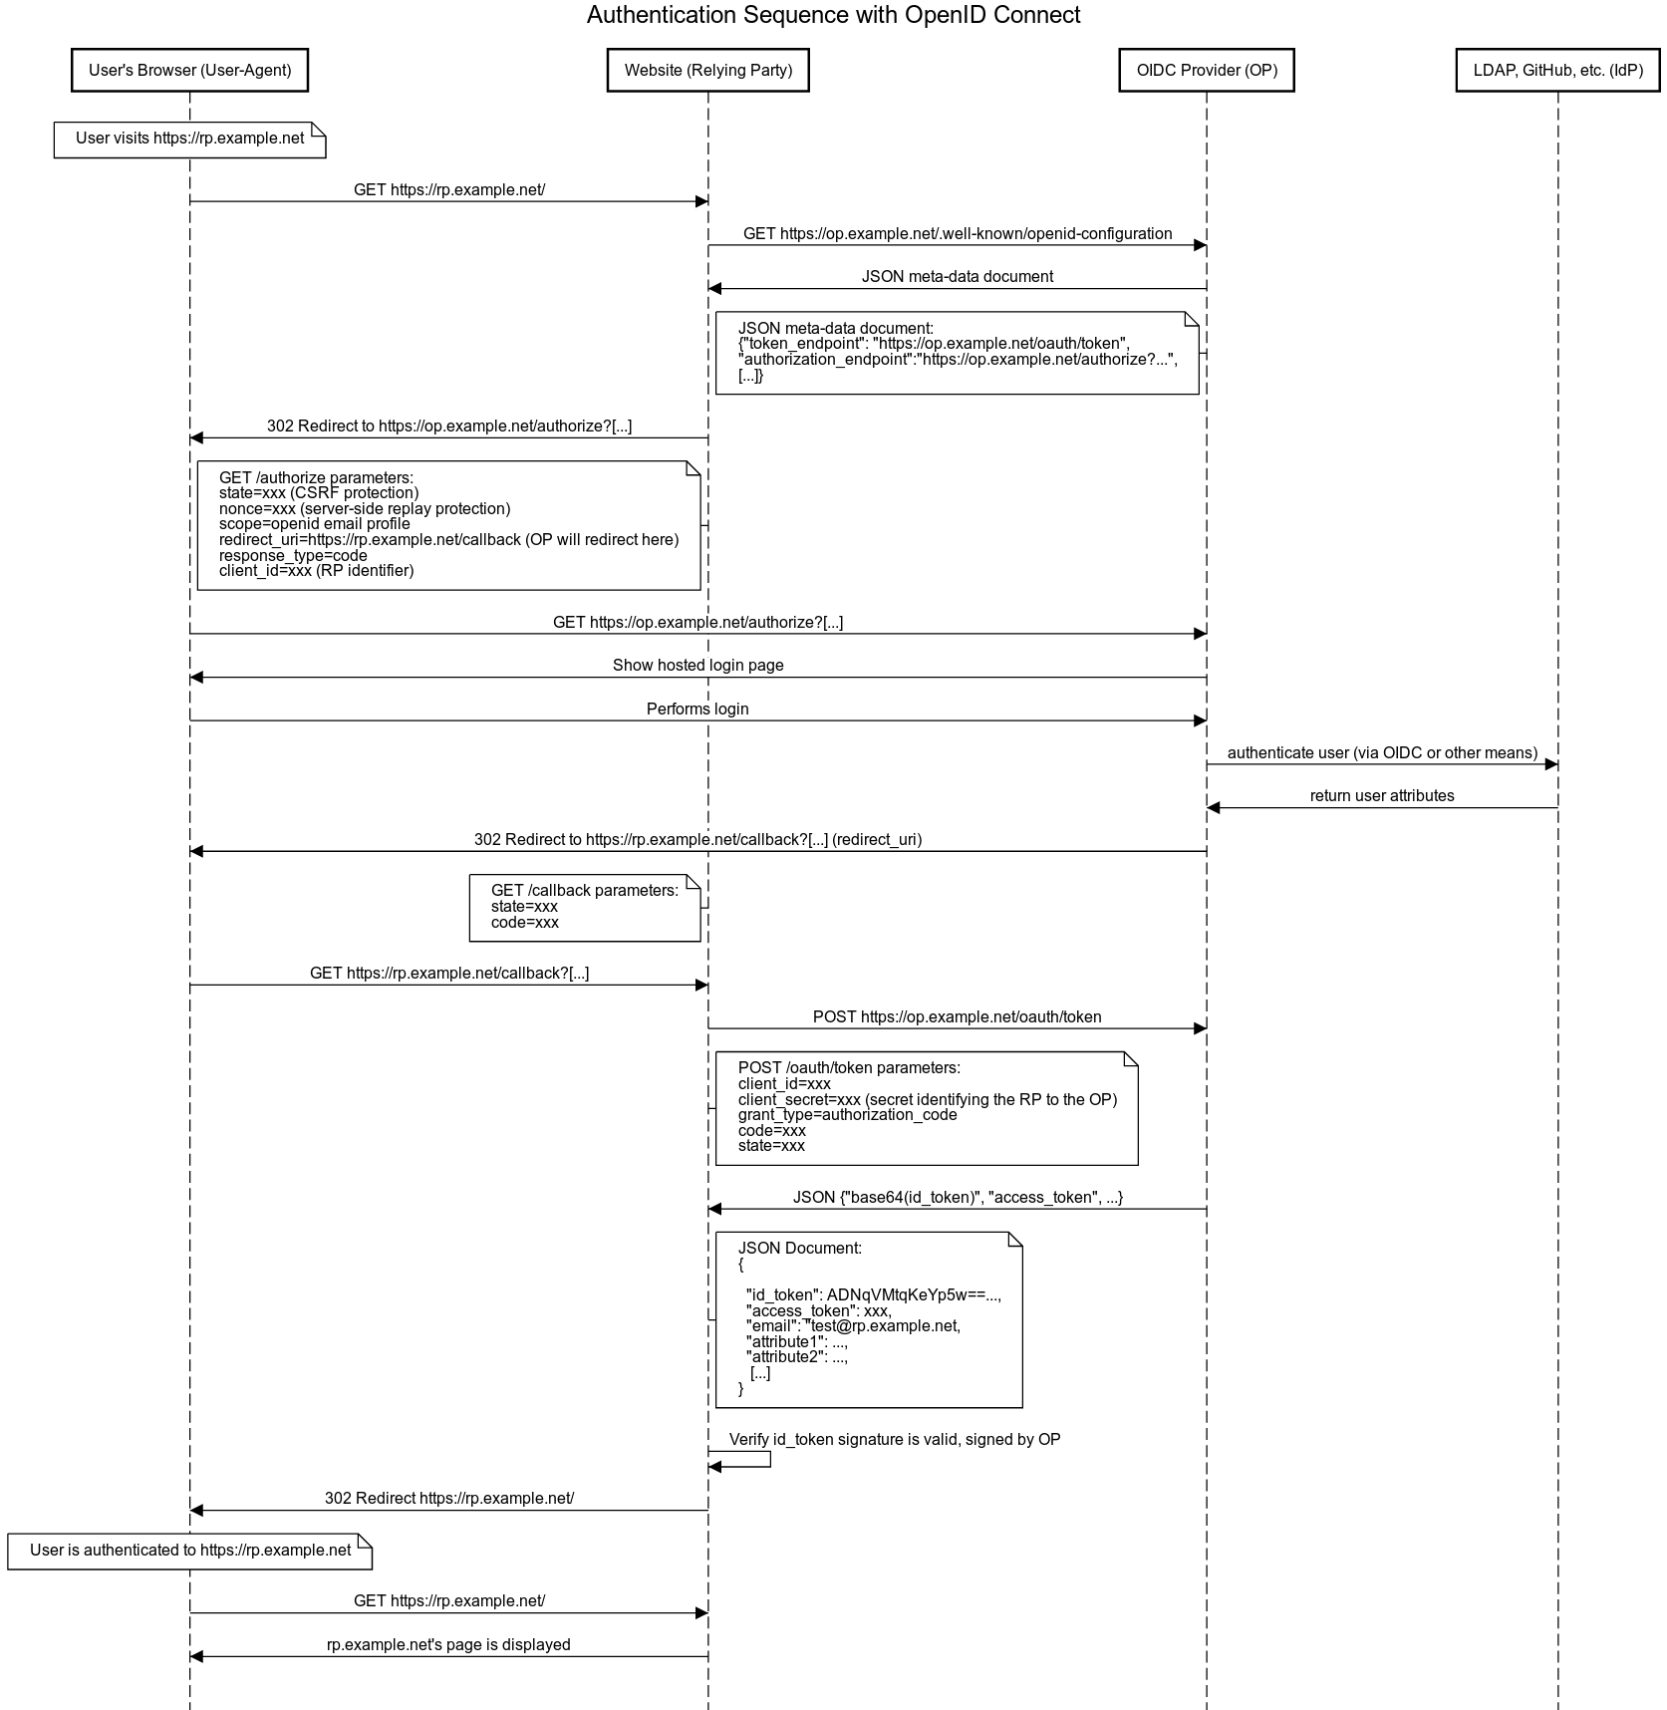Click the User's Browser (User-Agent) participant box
189,70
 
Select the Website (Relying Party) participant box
707,70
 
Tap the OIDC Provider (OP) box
1207,70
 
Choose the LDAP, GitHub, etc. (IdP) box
1557,70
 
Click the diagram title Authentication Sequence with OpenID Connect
833,15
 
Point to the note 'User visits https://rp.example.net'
189,140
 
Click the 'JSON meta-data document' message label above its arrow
957,277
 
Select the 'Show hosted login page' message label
697,666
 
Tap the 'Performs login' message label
697,710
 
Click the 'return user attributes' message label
1382,796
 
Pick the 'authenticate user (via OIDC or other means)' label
1382,753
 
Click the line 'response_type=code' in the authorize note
293,556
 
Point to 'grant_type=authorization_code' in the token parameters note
847,1115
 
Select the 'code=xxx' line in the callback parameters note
525,923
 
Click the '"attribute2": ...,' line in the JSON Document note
797,1357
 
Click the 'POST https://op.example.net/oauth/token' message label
957,1017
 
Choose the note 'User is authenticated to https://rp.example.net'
189,1552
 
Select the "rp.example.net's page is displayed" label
448,1645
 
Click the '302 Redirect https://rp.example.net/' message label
448,1499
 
